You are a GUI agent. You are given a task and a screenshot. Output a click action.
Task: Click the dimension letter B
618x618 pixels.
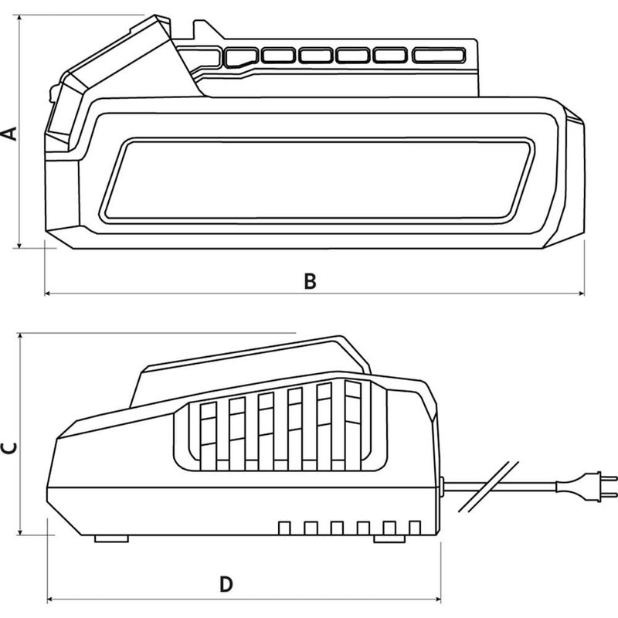[311, 281]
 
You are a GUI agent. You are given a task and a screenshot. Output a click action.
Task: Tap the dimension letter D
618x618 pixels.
[226, 584]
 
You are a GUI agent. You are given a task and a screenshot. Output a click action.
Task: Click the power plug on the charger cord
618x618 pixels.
[586, 487]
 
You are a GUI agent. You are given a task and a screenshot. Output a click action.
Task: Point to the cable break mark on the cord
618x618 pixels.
[489, 487]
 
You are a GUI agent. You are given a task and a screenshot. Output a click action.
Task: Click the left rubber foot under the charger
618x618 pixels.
[111, 538]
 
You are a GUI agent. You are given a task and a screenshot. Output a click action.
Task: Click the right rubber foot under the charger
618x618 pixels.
[389, 538]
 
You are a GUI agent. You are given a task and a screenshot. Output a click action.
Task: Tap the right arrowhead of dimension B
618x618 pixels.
[582, 294]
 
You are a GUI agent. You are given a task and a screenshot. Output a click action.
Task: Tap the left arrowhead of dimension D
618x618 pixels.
[50, 599]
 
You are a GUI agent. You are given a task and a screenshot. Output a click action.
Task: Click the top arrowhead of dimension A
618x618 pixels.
[19, 18]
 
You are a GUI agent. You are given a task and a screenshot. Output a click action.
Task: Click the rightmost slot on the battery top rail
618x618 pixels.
[439, 55]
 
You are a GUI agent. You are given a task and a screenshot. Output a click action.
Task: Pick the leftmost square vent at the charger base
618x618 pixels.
[284, 528]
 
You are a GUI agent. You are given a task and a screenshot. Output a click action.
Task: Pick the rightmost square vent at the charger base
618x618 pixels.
[415, 528]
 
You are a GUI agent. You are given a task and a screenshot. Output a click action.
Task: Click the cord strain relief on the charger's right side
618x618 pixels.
[441, 486]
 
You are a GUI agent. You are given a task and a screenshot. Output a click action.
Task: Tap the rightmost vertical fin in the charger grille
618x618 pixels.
[353, 426]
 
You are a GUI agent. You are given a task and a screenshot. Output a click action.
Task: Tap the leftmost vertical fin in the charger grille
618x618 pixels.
[209, 436]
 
